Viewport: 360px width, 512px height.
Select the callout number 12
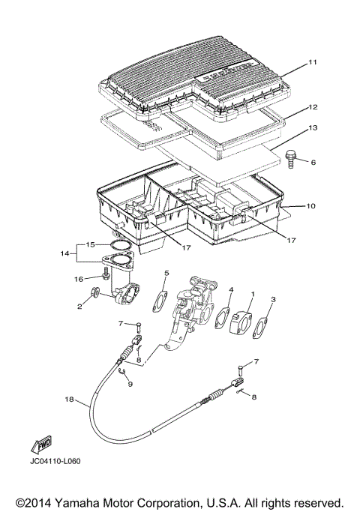click(x=313, y=108)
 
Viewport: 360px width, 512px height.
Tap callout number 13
click(x=313, y=128)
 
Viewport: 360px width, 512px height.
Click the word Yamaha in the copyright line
click(x=80, y=502)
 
